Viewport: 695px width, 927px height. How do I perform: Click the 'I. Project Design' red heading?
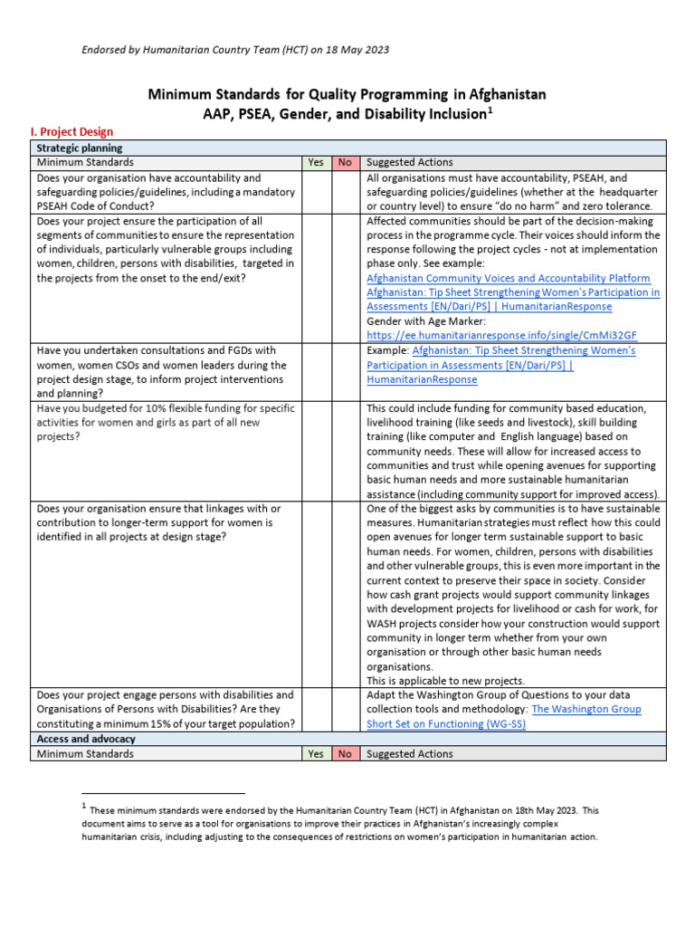[71, 132]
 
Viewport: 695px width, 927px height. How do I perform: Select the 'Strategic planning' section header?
[80, 148]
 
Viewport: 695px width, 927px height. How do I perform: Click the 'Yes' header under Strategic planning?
[315, 162]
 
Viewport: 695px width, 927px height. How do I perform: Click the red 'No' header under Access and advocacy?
[345, 753]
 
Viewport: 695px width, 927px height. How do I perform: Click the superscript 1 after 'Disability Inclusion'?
[491, 109]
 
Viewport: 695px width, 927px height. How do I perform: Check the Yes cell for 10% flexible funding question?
[315, 451]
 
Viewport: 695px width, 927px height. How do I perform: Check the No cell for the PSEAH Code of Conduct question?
[345, 192]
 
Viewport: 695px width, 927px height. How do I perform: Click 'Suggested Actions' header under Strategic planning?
[410, 162]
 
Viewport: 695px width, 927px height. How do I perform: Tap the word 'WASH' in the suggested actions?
[382, 623]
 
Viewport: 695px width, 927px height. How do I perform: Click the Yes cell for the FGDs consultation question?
[315, 372]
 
